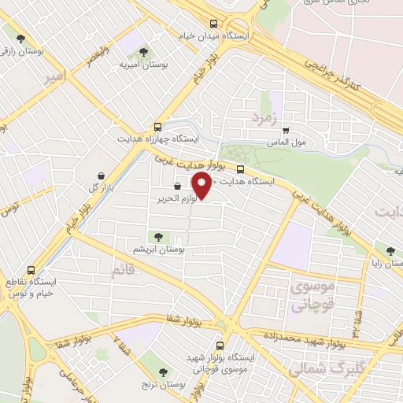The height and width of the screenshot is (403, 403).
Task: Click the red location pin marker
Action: [201, 187]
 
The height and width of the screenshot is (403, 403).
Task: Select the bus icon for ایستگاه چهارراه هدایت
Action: [158, 125]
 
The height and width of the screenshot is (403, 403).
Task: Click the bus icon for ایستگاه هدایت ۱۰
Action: [240, 168]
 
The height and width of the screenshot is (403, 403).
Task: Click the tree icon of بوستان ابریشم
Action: [159, 236]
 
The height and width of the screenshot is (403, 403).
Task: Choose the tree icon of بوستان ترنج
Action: [164, 372]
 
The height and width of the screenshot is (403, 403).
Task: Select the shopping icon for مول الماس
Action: [285, 131]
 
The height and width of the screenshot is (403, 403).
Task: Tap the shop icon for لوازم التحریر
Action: [178, 186]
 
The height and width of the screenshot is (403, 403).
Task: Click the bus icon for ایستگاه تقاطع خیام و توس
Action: [31, 269]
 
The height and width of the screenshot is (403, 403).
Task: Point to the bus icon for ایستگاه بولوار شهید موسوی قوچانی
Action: [220, 345]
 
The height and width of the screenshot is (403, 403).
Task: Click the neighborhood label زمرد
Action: [265, 117]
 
